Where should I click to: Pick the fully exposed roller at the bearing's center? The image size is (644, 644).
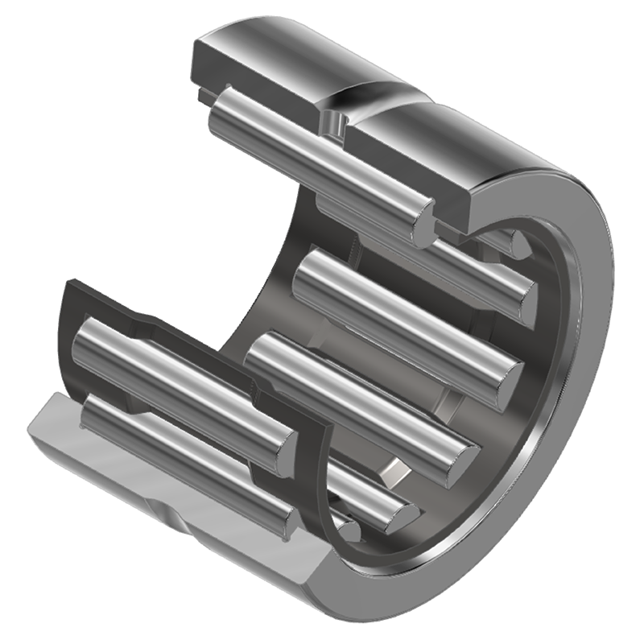pyautogui.click(x=402, y=322)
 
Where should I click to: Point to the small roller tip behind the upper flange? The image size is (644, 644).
pyautogui.click(x=515, y=242)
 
